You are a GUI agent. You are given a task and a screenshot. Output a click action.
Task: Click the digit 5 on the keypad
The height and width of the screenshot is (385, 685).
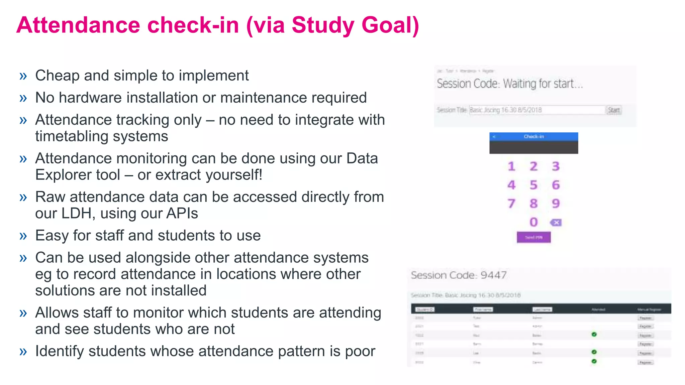533,185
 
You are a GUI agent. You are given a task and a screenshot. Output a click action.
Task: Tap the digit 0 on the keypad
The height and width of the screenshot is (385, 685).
533,222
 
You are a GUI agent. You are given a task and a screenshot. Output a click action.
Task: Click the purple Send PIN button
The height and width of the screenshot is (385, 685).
533,237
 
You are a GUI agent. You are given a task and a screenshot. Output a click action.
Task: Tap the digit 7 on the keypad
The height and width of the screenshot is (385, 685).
511,204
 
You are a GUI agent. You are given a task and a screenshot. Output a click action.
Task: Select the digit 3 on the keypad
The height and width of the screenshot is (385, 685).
556,166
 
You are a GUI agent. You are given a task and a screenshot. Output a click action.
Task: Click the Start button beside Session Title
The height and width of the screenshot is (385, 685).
614,110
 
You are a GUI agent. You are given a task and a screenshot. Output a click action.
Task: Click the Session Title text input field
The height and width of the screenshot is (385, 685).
537,110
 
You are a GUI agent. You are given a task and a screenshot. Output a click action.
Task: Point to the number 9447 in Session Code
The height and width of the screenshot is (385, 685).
493,275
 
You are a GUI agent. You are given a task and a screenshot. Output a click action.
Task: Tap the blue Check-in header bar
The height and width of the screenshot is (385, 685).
533,136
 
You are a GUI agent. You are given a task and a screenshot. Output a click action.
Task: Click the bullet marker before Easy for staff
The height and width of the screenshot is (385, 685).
23,236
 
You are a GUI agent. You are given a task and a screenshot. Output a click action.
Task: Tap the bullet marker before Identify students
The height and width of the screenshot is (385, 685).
23,352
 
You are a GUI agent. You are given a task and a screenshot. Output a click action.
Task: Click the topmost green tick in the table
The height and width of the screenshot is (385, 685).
594,334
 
